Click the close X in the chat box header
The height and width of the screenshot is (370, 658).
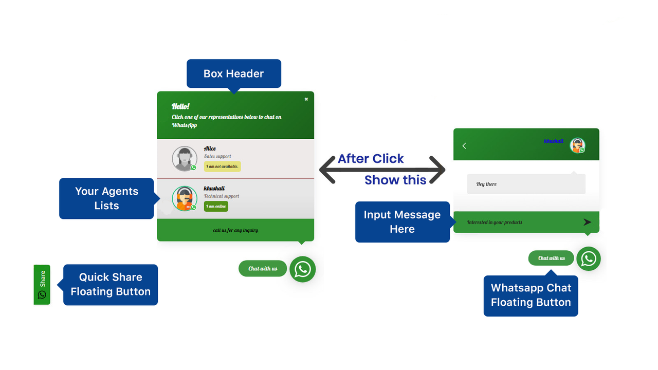point(306,99)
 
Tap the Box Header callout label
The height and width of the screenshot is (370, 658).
point(234,73)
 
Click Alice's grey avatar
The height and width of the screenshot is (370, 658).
point(185,159)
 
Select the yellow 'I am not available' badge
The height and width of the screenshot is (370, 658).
point(223,166)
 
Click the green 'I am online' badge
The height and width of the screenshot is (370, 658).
point(216,206)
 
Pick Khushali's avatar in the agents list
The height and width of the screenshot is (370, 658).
point(185,198)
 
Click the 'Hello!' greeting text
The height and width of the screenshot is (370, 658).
point(180,106)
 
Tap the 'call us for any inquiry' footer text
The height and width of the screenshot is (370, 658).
point(235,230)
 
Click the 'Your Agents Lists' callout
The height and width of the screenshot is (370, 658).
point(106,198)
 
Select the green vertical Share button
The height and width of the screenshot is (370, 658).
point(42,285)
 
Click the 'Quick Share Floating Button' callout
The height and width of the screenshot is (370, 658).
point(111,285)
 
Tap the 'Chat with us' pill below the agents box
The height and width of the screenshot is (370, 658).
point(263,268)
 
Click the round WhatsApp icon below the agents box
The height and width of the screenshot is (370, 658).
point(303,269)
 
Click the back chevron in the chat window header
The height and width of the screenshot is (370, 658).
point(464,146)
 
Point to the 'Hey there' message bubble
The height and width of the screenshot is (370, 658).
point(526,184)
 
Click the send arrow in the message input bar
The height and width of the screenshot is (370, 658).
point(587,223)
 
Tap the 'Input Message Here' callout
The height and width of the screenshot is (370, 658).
point(403,222)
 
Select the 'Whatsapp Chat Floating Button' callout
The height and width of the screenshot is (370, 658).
point(531,295)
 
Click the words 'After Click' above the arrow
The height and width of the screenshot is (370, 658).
point(371,159)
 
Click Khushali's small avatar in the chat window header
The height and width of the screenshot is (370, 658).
point(577,145)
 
